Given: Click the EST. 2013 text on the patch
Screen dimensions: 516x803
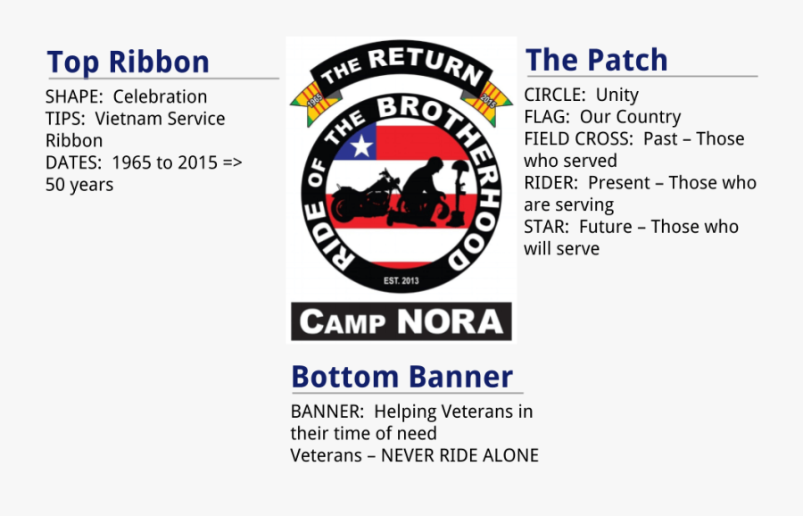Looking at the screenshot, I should [401, 281].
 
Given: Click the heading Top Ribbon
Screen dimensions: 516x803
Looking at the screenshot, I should [128, 62].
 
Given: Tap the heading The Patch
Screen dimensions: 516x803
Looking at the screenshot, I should [596, 60].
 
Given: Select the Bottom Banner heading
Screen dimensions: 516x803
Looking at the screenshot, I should [401, 377].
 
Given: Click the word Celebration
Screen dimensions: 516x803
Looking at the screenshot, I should [160, 96].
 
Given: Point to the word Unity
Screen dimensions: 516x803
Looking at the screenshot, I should [617, 95].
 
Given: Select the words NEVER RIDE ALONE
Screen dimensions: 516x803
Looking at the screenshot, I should [459, 455].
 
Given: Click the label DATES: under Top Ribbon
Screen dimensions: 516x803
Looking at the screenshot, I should [75, 163].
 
